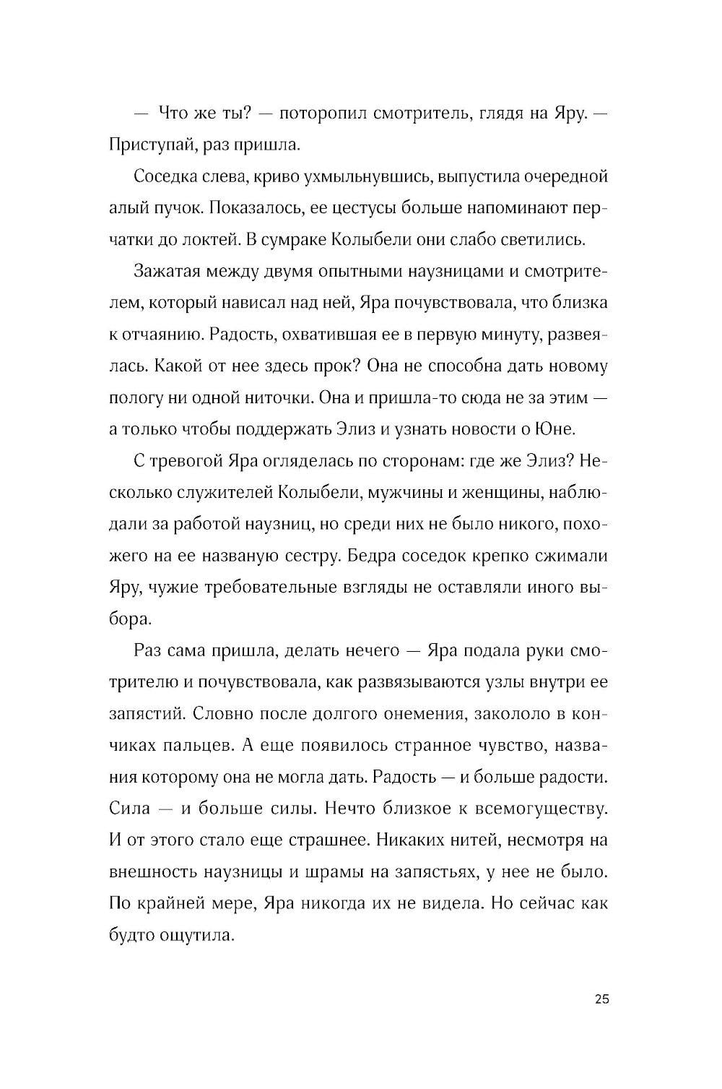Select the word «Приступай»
pyautogui.click(x=149, y=145)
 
